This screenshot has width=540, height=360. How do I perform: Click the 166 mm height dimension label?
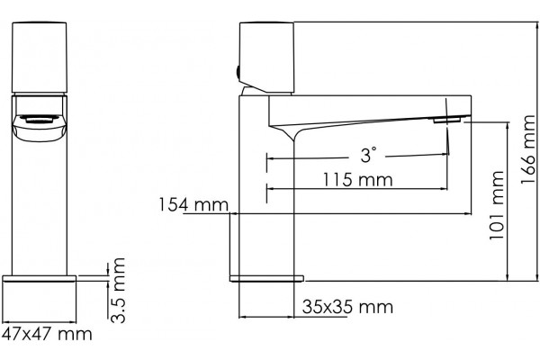pos(528,149)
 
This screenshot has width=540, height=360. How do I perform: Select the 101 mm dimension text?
pos(497,205)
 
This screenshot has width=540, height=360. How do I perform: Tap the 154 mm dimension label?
pos(193,204)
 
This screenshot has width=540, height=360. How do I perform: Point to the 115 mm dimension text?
pos(357,179)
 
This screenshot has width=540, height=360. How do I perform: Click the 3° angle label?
pos(368,155)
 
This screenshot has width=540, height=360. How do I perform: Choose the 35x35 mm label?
pos(347,307)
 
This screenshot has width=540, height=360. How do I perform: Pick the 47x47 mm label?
pos(47,334)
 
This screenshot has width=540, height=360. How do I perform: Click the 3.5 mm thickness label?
pos(118,290)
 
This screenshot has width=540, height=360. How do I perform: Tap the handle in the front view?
pos(40,58)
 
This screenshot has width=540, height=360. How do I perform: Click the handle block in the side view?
pos(267,58)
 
